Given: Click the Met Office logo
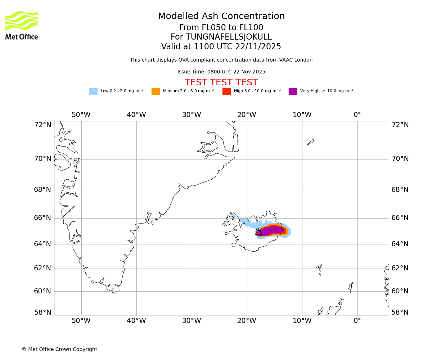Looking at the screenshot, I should click(x=22, y=25).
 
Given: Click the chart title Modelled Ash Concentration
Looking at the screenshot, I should click(x=221, y=17).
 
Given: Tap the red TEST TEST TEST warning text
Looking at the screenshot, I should click(x=221, y=82).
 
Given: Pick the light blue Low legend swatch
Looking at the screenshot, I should click(x=93, y=91).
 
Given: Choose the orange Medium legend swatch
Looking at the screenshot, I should click(x=156, y=91).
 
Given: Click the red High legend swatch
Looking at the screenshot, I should click(x=226, y=91).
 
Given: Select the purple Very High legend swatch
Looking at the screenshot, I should click(x=293, y=91).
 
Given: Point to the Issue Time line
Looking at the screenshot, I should click(x=221, y=72).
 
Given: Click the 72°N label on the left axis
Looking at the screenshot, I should click(x=43, y=125).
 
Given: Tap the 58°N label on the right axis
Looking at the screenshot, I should click(x=400, y=312).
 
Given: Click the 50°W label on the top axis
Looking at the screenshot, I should click(x=81, y=115).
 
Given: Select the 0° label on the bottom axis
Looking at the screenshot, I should click(x=357, y=320).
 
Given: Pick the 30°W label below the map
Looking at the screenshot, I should click(x=192, y=320).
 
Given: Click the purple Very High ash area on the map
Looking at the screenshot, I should click(x=272, y=230).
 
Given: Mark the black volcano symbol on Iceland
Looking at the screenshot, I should click(x=258, y=233).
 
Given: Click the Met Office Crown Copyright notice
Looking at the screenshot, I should click(x=59, y=350).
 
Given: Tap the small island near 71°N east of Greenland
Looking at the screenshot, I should click(x=310, y=142).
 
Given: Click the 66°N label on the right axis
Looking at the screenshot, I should click(x=400, y=218).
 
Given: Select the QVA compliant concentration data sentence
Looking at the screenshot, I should click(x=221, y=60).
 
